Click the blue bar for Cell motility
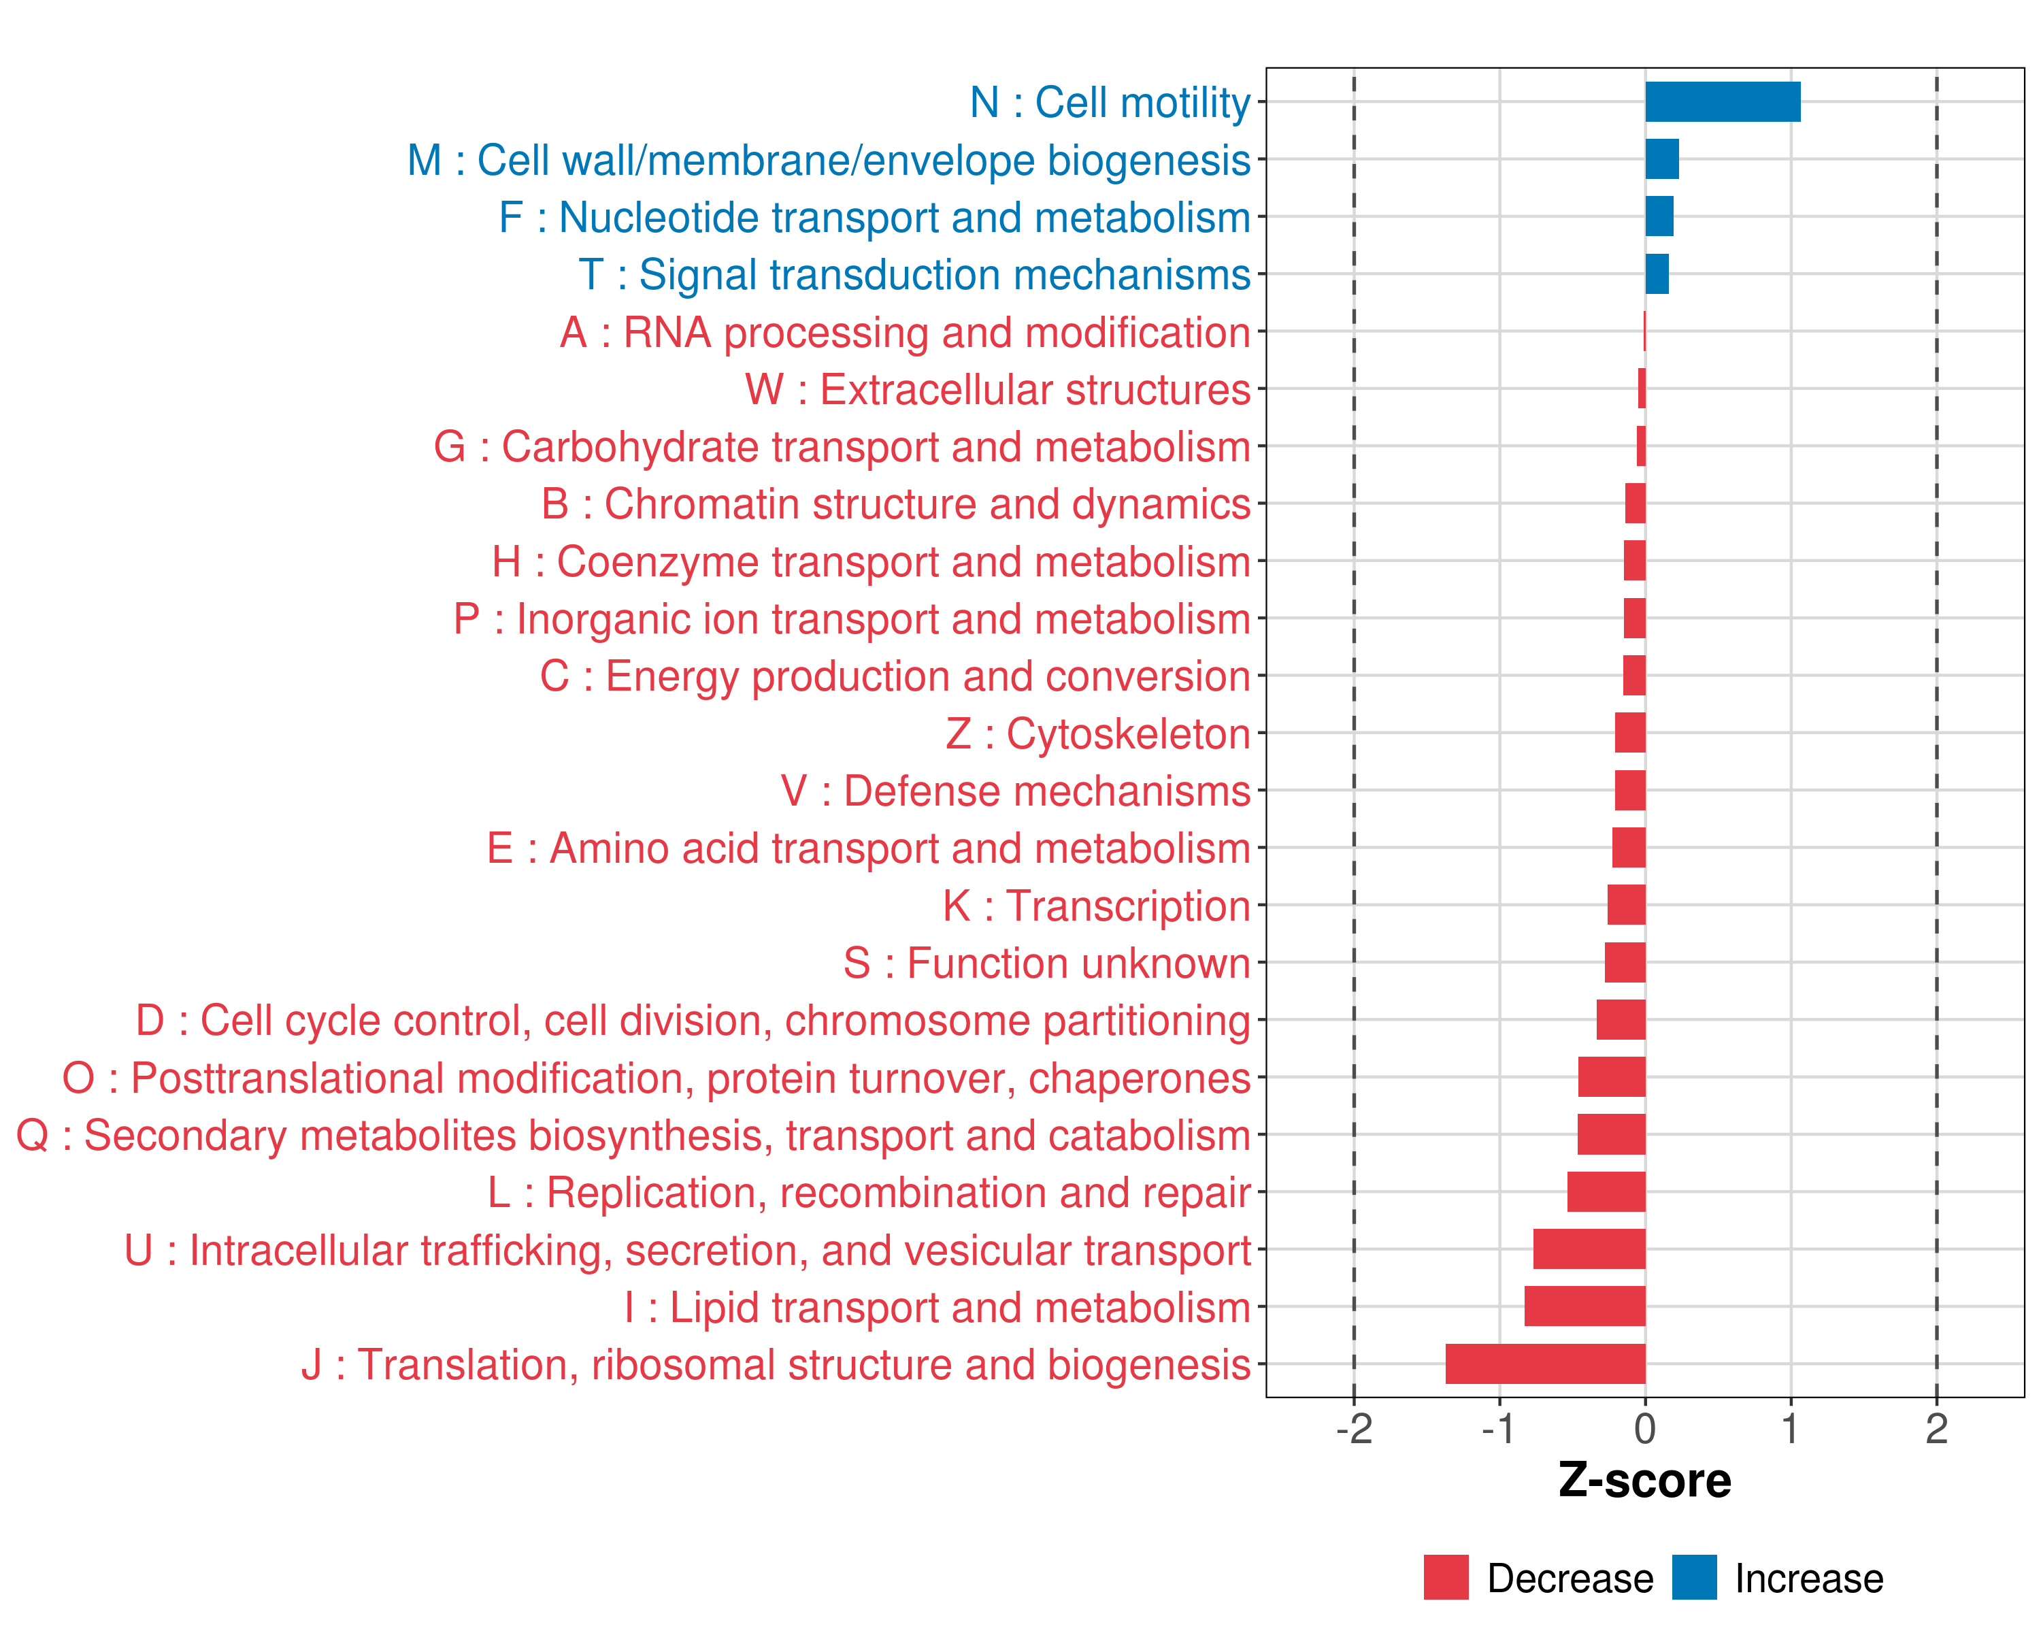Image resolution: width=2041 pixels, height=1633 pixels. [1722, 102]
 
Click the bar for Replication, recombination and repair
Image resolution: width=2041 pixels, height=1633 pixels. [1606, 1192]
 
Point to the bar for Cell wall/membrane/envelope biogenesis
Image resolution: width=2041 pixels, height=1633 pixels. [1661, 159]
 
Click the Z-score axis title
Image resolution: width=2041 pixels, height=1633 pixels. [1644, 1481]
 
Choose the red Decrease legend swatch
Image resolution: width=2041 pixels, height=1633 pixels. [1446, 1577]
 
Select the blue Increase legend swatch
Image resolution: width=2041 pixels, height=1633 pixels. [1693, 1577]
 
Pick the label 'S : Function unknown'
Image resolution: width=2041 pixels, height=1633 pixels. [1046, 963]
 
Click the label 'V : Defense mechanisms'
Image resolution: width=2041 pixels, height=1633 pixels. [1015, 791]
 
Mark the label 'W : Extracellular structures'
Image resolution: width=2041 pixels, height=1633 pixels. [998, 390]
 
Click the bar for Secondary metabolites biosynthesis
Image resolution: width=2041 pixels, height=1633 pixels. [1611, 1134]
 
